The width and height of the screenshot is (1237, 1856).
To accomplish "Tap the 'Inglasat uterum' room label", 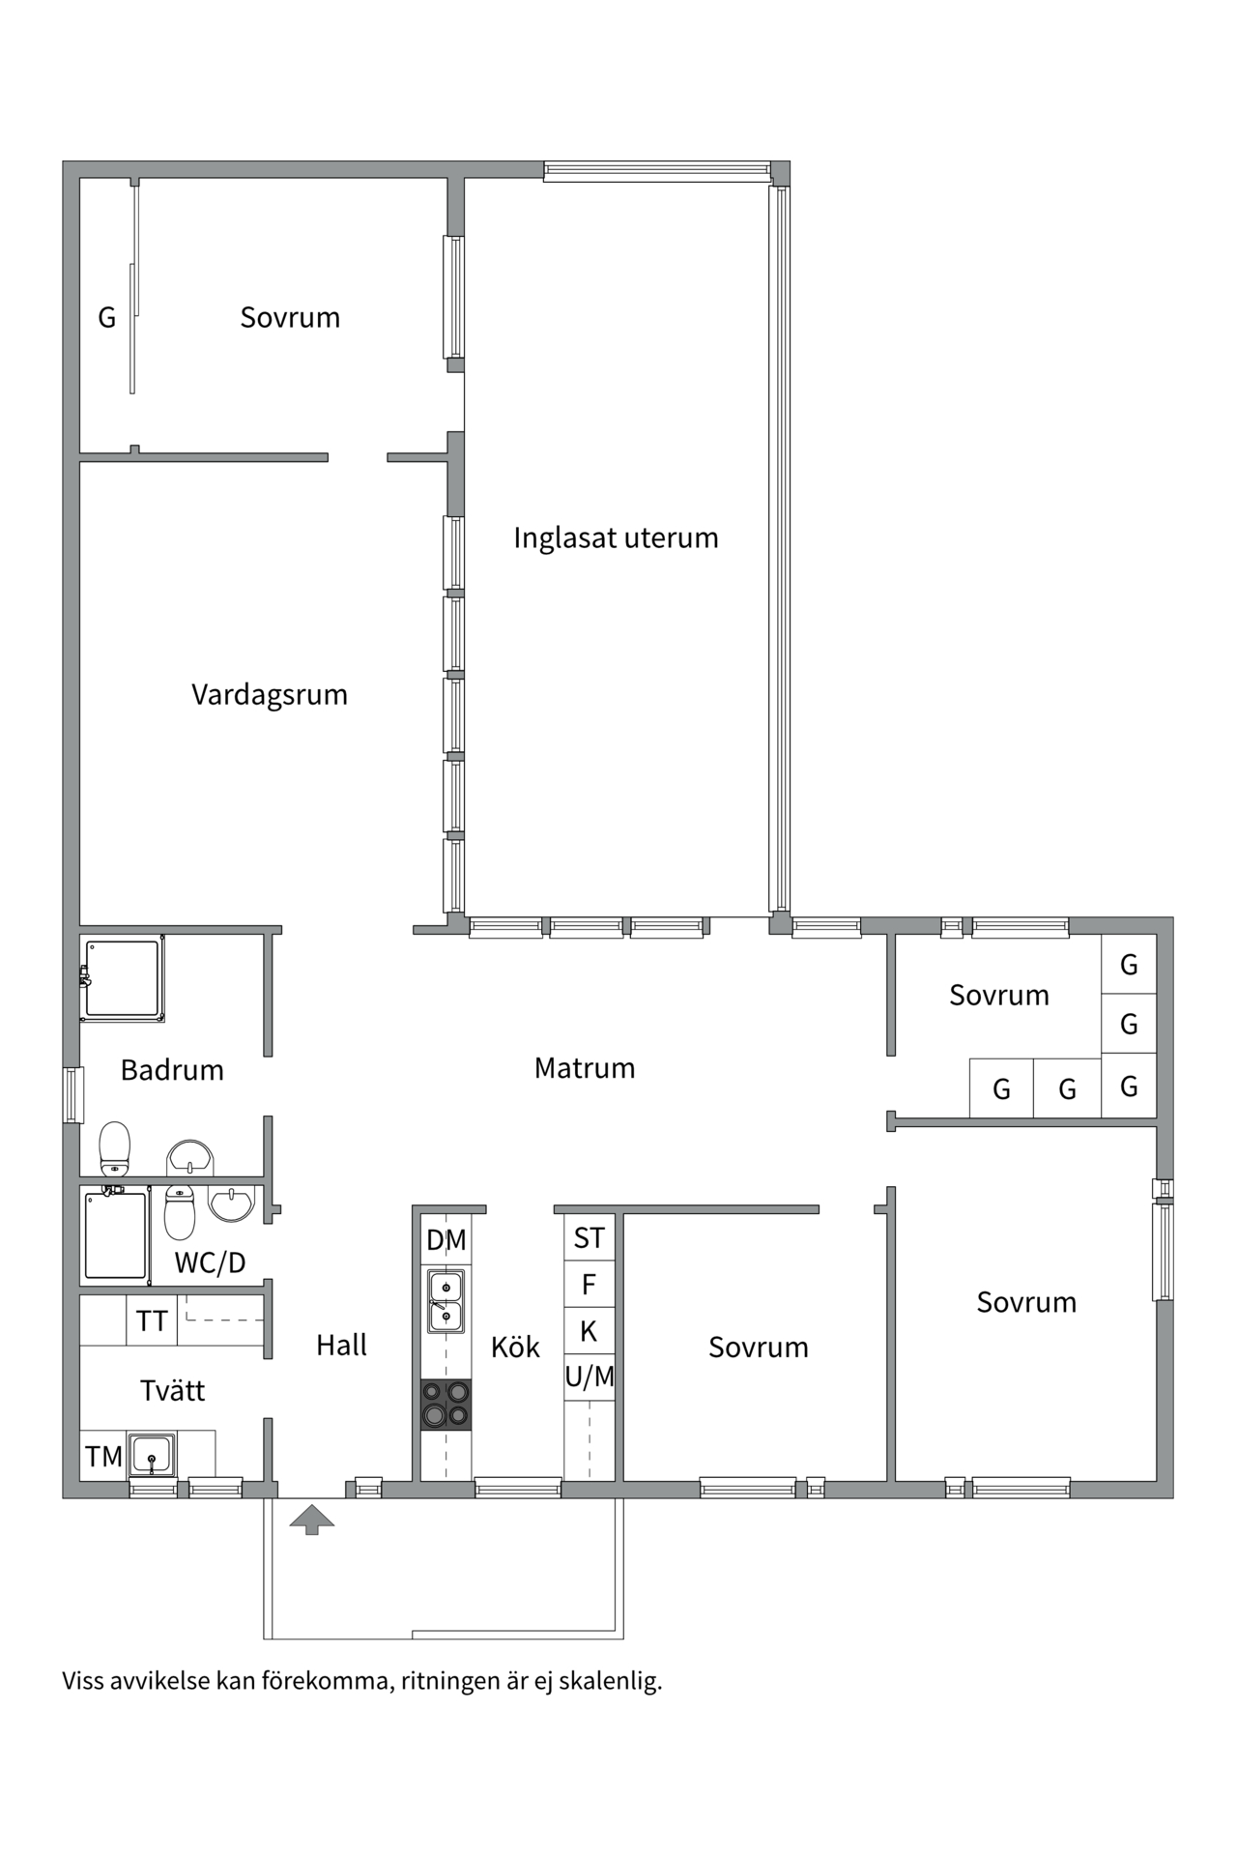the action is tap(616, 537).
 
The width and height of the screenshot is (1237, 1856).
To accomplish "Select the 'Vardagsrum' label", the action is tap(270, 695).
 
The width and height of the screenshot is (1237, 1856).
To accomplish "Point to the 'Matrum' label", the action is tap(585, 1068).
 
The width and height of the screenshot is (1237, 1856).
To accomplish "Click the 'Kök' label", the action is tap(515, 1347).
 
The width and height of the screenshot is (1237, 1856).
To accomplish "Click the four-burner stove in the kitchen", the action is tap(446, 1404).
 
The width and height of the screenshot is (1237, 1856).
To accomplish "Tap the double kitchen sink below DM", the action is tap(446, 1301).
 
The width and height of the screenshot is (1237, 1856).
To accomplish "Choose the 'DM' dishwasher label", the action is tap(446, 1240).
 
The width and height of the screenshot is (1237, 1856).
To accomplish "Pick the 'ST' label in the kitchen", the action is tap(589, 1238).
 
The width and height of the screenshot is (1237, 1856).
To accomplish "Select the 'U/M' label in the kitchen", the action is tap(590, 1377).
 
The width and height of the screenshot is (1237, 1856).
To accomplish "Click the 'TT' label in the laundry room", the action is tap(152, 1321).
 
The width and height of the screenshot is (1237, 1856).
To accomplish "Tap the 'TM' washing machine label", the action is tap(103, 1457).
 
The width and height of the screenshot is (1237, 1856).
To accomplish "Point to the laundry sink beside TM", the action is tap(152, 1455).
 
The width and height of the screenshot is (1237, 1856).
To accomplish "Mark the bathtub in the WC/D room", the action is tap(115, 1235).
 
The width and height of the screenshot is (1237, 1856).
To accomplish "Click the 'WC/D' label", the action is tap(210, 1262).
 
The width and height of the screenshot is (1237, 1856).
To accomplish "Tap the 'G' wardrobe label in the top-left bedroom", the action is tap(107, 317).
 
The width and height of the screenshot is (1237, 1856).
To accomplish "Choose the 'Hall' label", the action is tap(341, 1345).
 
